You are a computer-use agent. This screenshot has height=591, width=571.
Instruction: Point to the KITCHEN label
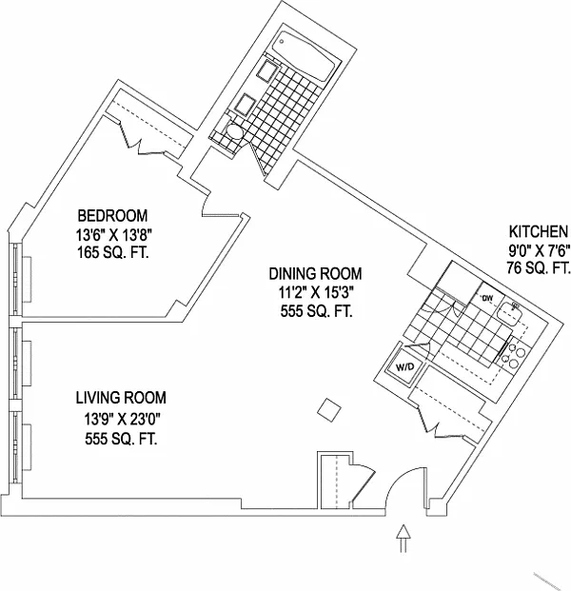pyautogui.click(x=539, y=231)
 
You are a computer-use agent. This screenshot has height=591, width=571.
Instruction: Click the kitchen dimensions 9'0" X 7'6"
pyautogui.click(x=539, y=250)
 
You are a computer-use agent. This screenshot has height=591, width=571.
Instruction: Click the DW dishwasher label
pyautogui.click(x=485, y=300)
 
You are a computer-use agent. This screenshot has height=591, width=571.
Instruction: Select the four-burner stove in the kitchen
pyautogui.click(x=515, y=355)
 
